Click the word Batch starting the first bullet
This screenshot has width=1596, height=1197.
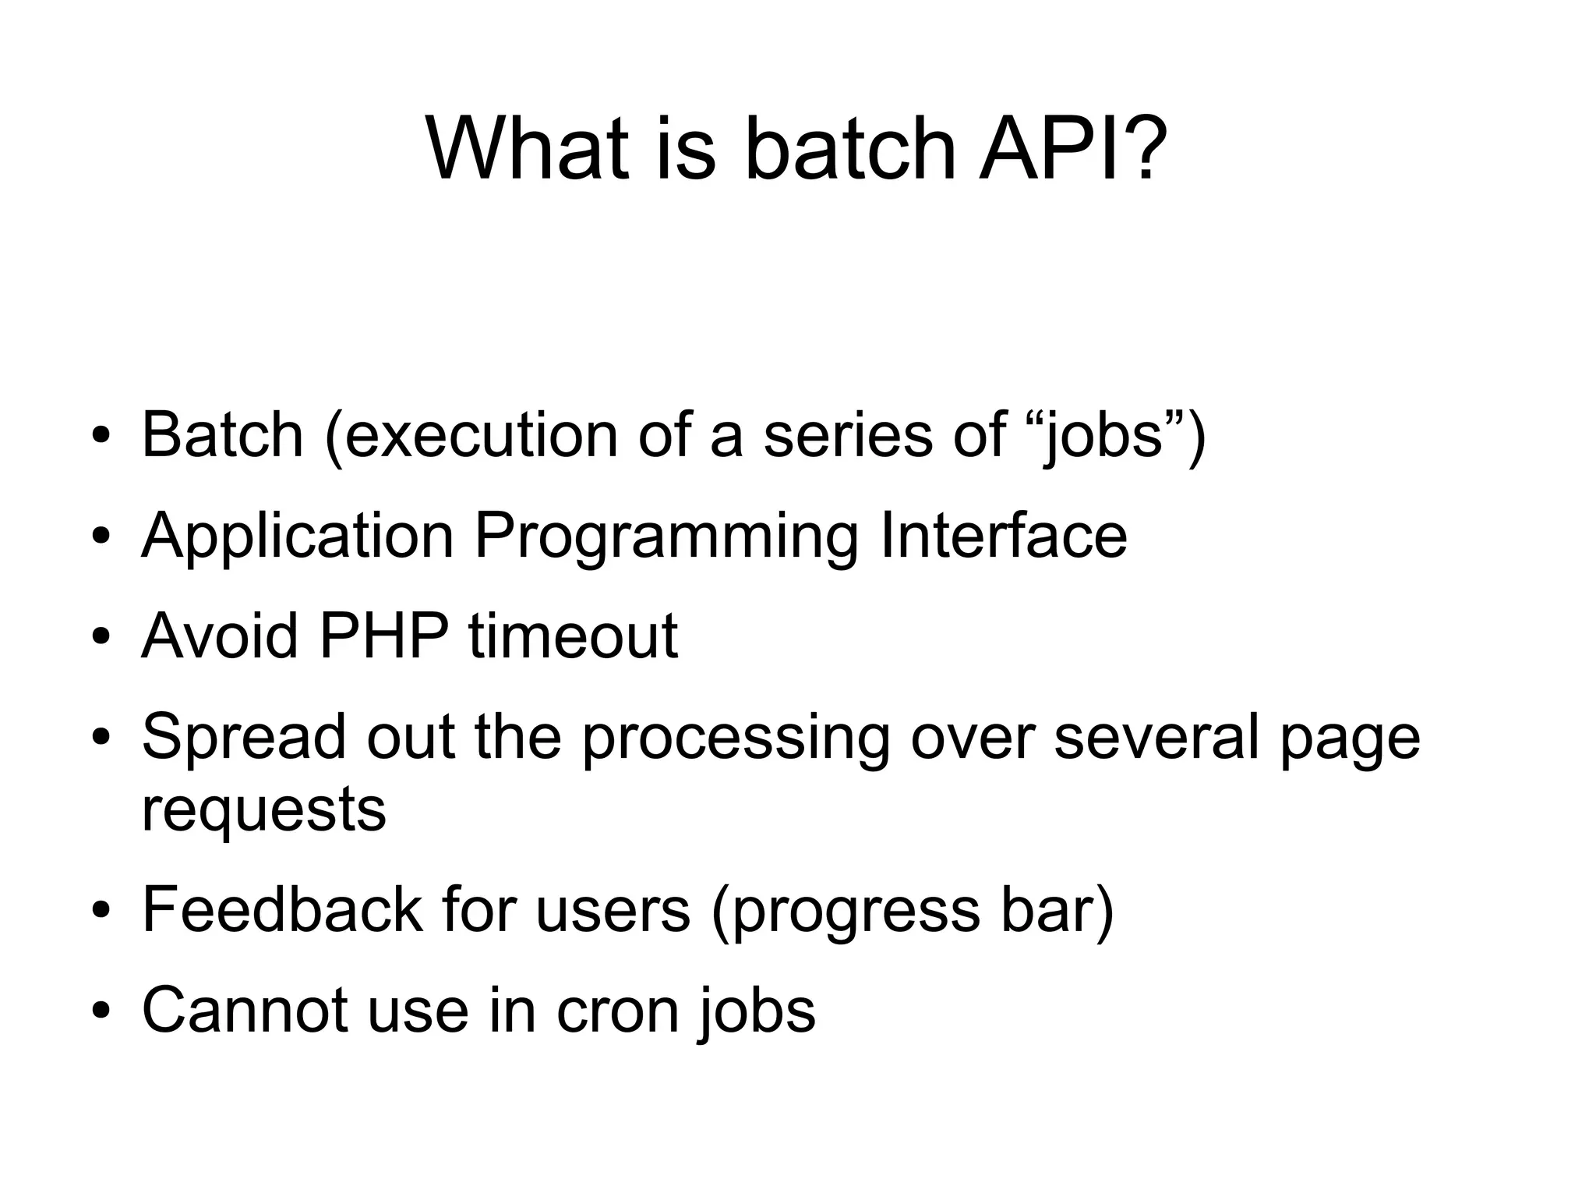click(x=222, y=434)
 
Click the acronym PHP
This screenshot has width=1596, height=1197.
click(x=383, y=636)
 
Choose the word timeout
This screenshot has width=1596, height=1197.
click(x=573, y=636)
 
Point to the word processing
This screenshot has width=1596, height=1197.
click(x=736, y=738)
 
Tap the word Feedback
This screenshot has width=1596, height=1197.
click(x=282, y=909)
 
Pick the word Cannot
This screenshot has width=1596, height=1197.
click(x=245, y=1010)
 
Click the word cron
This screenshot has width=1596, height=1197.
click(x=616, y=1010)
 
